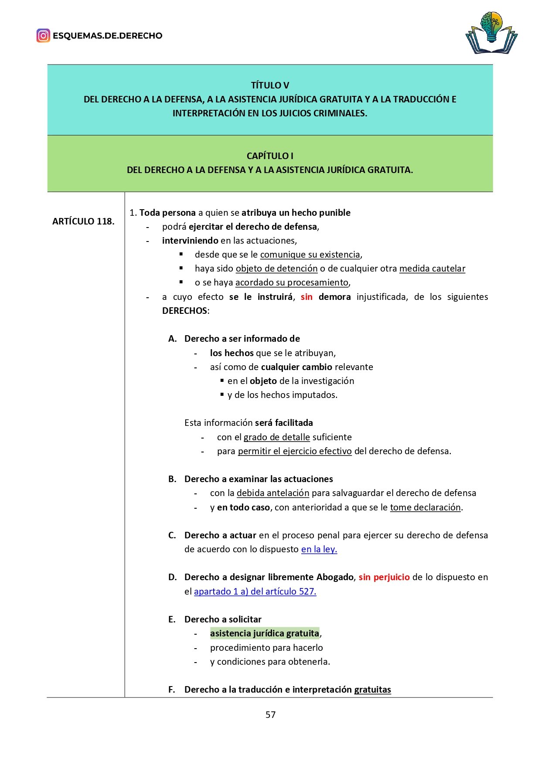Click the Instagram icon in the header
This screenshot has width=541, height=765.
[43, 35]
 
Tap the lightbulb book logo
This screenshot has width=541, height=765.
[491, 33]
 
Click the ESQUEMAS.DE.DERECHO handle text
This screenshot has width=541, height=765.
[107, 36]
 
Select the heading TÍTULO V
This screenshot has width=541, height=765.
[270, 85]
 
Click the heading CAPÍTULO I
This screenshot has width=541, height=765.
[270, 156]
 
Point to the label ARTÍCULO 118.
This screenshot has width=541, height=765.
[83, 221]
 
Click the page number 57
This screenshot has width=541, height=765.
[270, 714]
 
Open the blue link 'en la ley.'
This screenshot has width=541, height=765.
[319, 549]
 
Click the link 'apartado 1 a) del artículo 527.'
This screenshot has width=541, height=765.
[255, 592]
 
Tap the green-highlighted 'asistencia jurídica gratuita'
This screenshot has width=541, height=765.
[265, 633]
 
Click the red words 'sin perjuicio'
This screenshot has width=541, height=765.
[384, 577]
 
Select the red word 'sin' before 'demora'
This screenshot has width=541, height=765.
[306, 297]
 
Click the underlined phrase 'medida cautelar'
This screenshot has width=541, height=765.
[432, 269]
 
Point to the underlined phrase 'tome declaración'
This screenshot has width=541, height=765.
[425, 507]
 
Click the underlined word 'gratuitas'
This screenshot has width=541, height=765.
[372, 690]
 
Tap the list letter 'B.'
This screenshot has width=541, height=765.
[173, 479]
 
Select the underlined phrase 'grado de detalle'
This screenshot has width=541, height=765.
[276, 437]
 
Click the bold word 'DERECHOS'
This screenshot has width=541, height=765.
[184, 311]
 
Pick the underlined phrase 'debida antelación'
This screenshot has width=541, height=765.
[273, 493]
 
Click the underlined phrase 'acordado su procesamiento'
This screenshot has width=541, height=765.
[292, 282]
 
